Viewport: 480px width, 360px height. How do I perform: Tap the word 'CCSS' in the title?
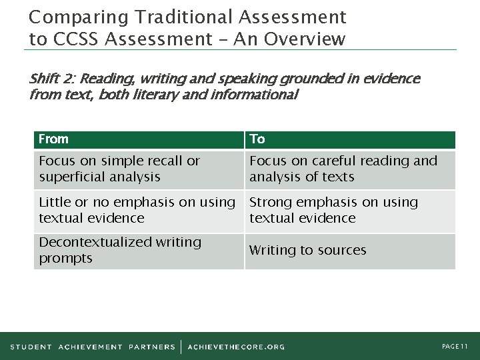pos(75,39)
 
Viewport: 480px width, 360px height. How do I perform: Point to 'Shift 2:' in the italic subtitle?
pos(53,79)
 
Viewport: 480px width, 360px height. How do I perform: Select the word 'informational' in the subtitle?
pos(255,95)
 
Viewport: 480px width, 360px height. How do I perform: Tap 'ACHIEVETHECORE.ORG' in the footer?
pos(236,347)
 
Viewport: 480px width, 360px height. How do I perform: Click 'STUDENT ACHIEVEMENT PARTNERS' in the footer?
pos(93,347)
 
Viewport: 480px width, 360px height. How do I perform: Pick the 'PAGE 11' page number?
pos(455,347)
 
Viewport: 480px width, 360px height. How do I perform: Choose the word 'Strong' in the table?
pos(271,202)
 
